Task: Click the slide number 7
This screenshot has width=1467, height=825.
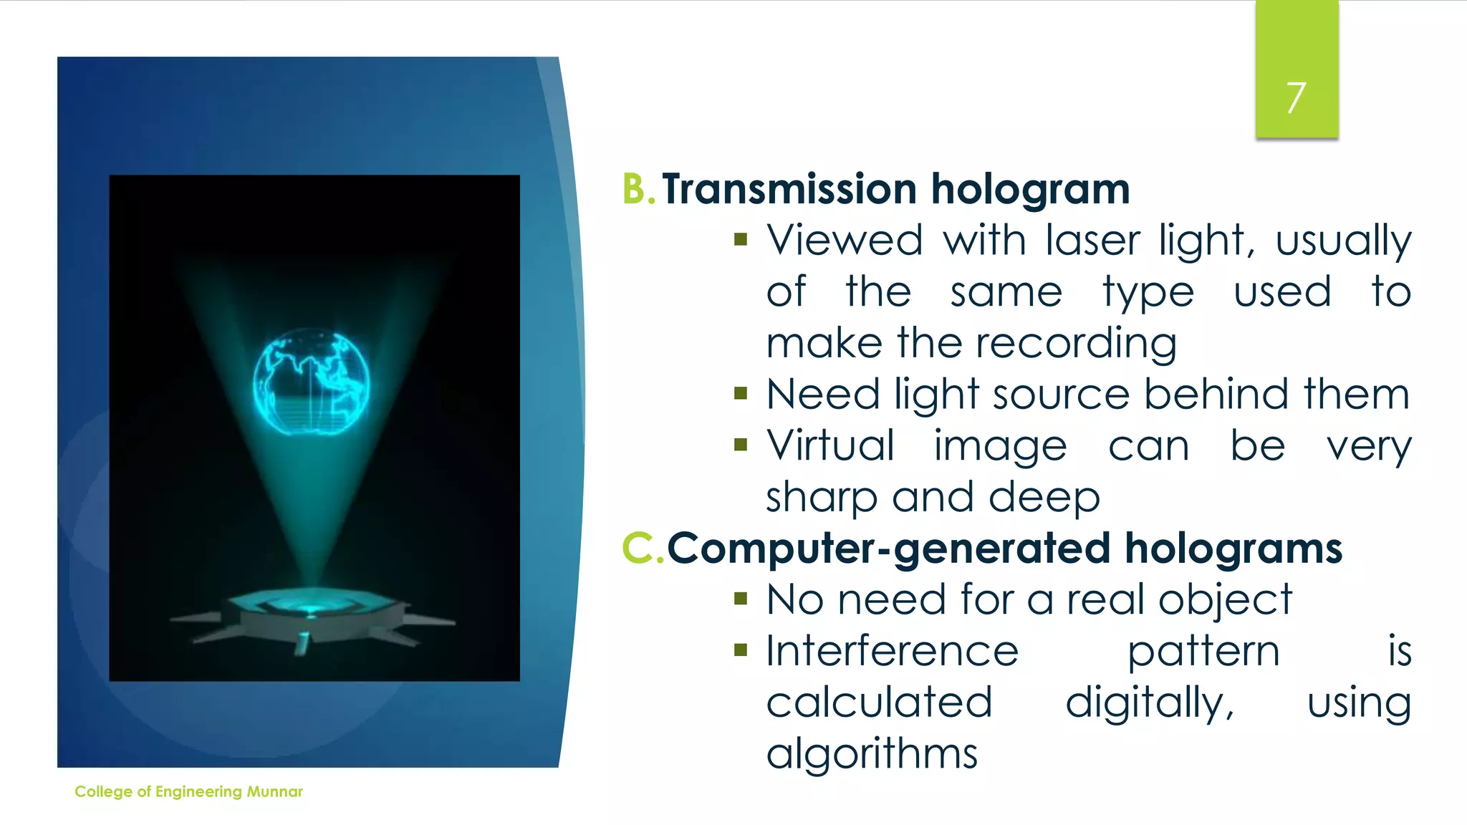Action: (x=1296, y=97)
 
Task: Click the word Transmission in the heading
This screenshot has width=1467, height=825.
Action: (x=789, y=189)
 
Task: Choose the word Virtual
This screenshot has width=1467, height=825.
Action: (x=831, y=446)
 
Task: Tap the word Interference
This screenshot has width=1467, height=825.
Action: (x=892, y=652)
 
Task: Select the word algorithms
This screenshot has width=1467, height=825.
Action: (x=871, y=755)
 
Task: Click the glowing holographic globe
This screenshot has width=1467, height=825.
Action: (x=312, y=382)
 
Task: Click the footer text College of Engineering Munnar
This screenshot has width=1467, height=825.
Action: (x=188, y=791)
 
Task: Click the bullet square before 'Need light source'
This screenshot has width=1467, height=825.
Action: (x=741, y=393)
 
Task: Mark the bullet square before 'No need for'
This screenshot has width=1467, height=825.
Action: (x=741, y=599)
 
